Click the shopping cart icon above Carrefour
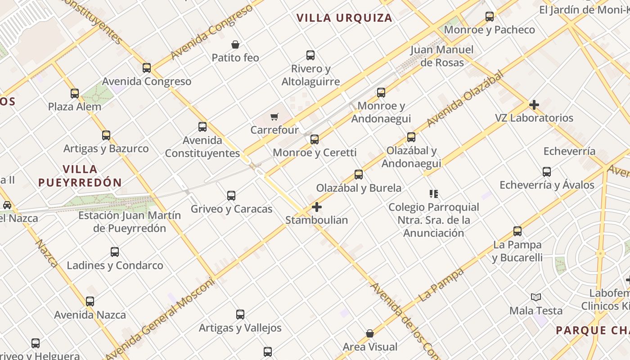click(274, 117)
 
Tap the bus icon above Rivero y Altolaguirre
click(310, 55)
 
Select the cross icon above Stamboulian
click(317, 207)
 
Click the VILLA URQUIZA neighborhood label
click(344, 18)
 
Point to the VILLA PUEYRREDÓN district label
click(80, 176)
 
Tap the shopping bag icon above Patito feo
click(235, 45)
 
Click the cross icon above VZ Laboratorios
click(534, 105)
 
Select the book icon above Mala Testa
click(535, 297)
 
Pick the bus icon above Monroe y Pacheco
click(490, 17)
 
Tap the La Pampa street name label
click(441, 285)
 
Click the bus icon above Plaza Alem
click(75, 94)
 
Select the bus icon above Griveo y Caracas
click(231, 196)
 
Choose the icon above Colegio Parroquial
click(434, 194)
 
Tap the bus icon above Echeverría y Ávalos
click(547, 171)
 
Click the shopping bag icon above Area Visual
click(370, 333)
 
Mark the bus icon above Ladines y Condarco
click(115, 252)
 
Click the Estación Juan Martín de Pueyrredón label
click(130, 222)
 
